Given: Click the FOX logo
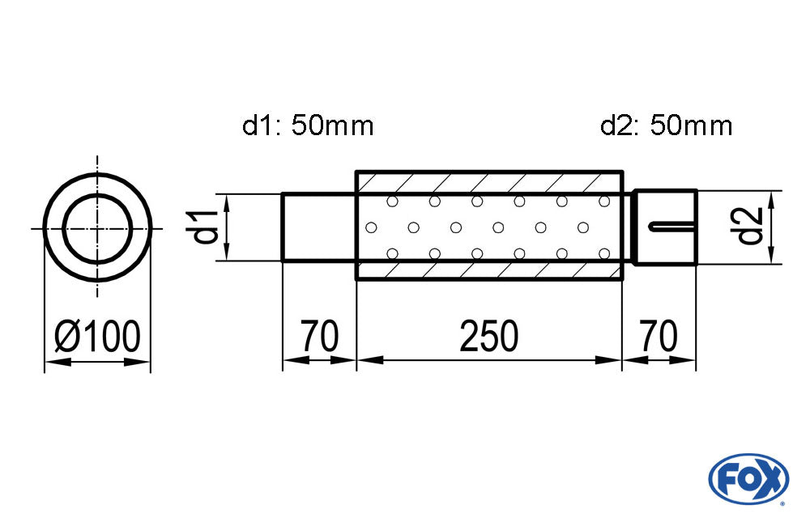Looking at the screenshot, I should click(x=748, y=477).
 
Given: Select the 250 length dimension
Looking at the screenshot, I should click(x=488, y=336).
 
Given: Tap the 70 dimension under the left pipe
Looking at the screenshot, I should click(x=319, y=336).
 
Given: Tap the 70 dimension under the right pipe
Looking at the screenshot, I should click(x=658, y=336).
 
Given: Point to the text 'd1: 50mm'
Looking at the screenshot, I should click(x=308, y=125).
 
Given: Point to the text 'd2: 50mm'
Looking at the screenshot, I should click(x=667, y=125).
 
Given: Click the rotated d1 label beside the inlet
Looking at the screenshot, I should click(x=207, y=227).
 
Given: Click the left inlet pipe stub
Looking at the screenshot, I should click(x=318, y=227).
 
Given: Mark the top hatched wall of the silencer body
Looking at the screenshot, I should click(x=488, y=181).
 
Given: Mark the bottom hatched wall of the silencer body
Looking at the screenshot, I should click(x=488, y=270).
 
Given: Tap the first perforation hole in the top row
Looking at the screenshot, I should click(x=392, y=201).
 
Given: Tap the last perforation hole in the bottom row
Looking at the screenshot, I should click(x=603, y=254).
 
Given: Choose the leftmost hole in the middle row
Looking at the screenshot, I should click(x=372, y=227).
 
